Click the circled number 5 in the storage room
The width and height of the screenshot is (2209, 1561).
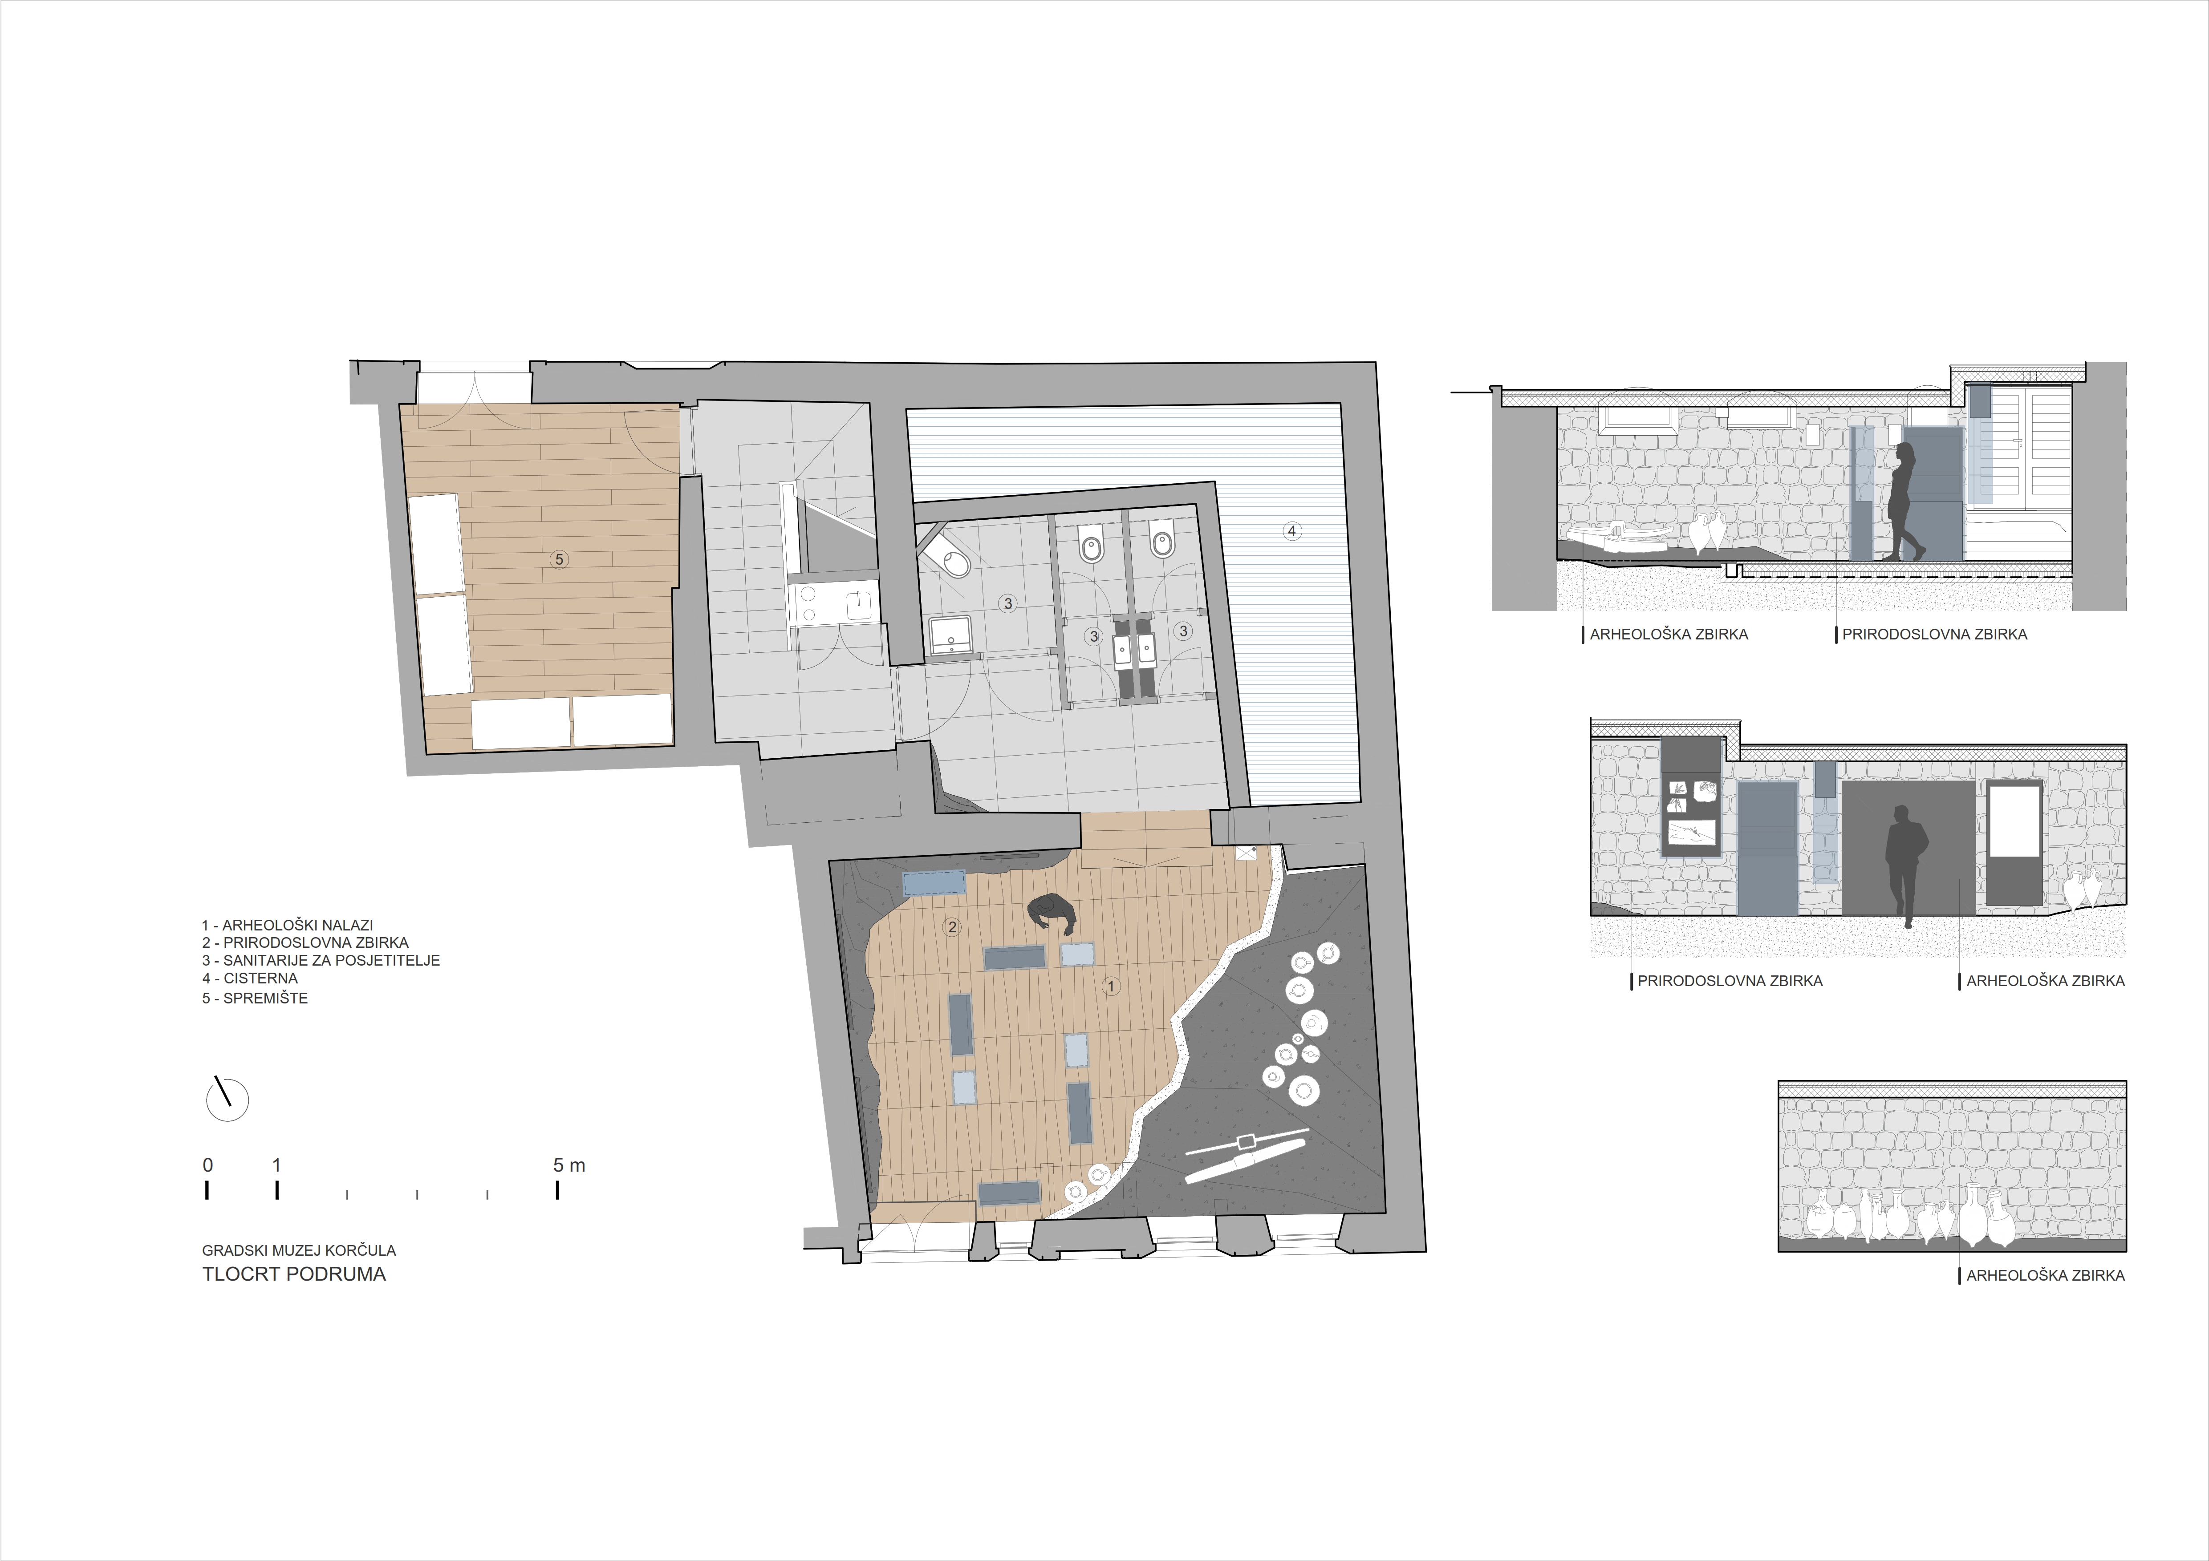click(558, 559)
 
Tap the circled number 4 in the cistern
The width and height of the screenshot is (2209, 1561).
click(1292, 531)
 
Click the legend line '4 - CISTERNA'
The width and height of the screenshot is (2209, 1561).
click(250, 978)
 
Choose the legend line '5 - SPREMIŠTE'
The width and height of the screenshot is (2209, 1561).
click(255, 999)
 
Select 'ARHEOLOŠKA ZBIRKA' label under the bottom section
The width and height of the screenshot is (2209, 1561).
click(2046, 1275)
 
